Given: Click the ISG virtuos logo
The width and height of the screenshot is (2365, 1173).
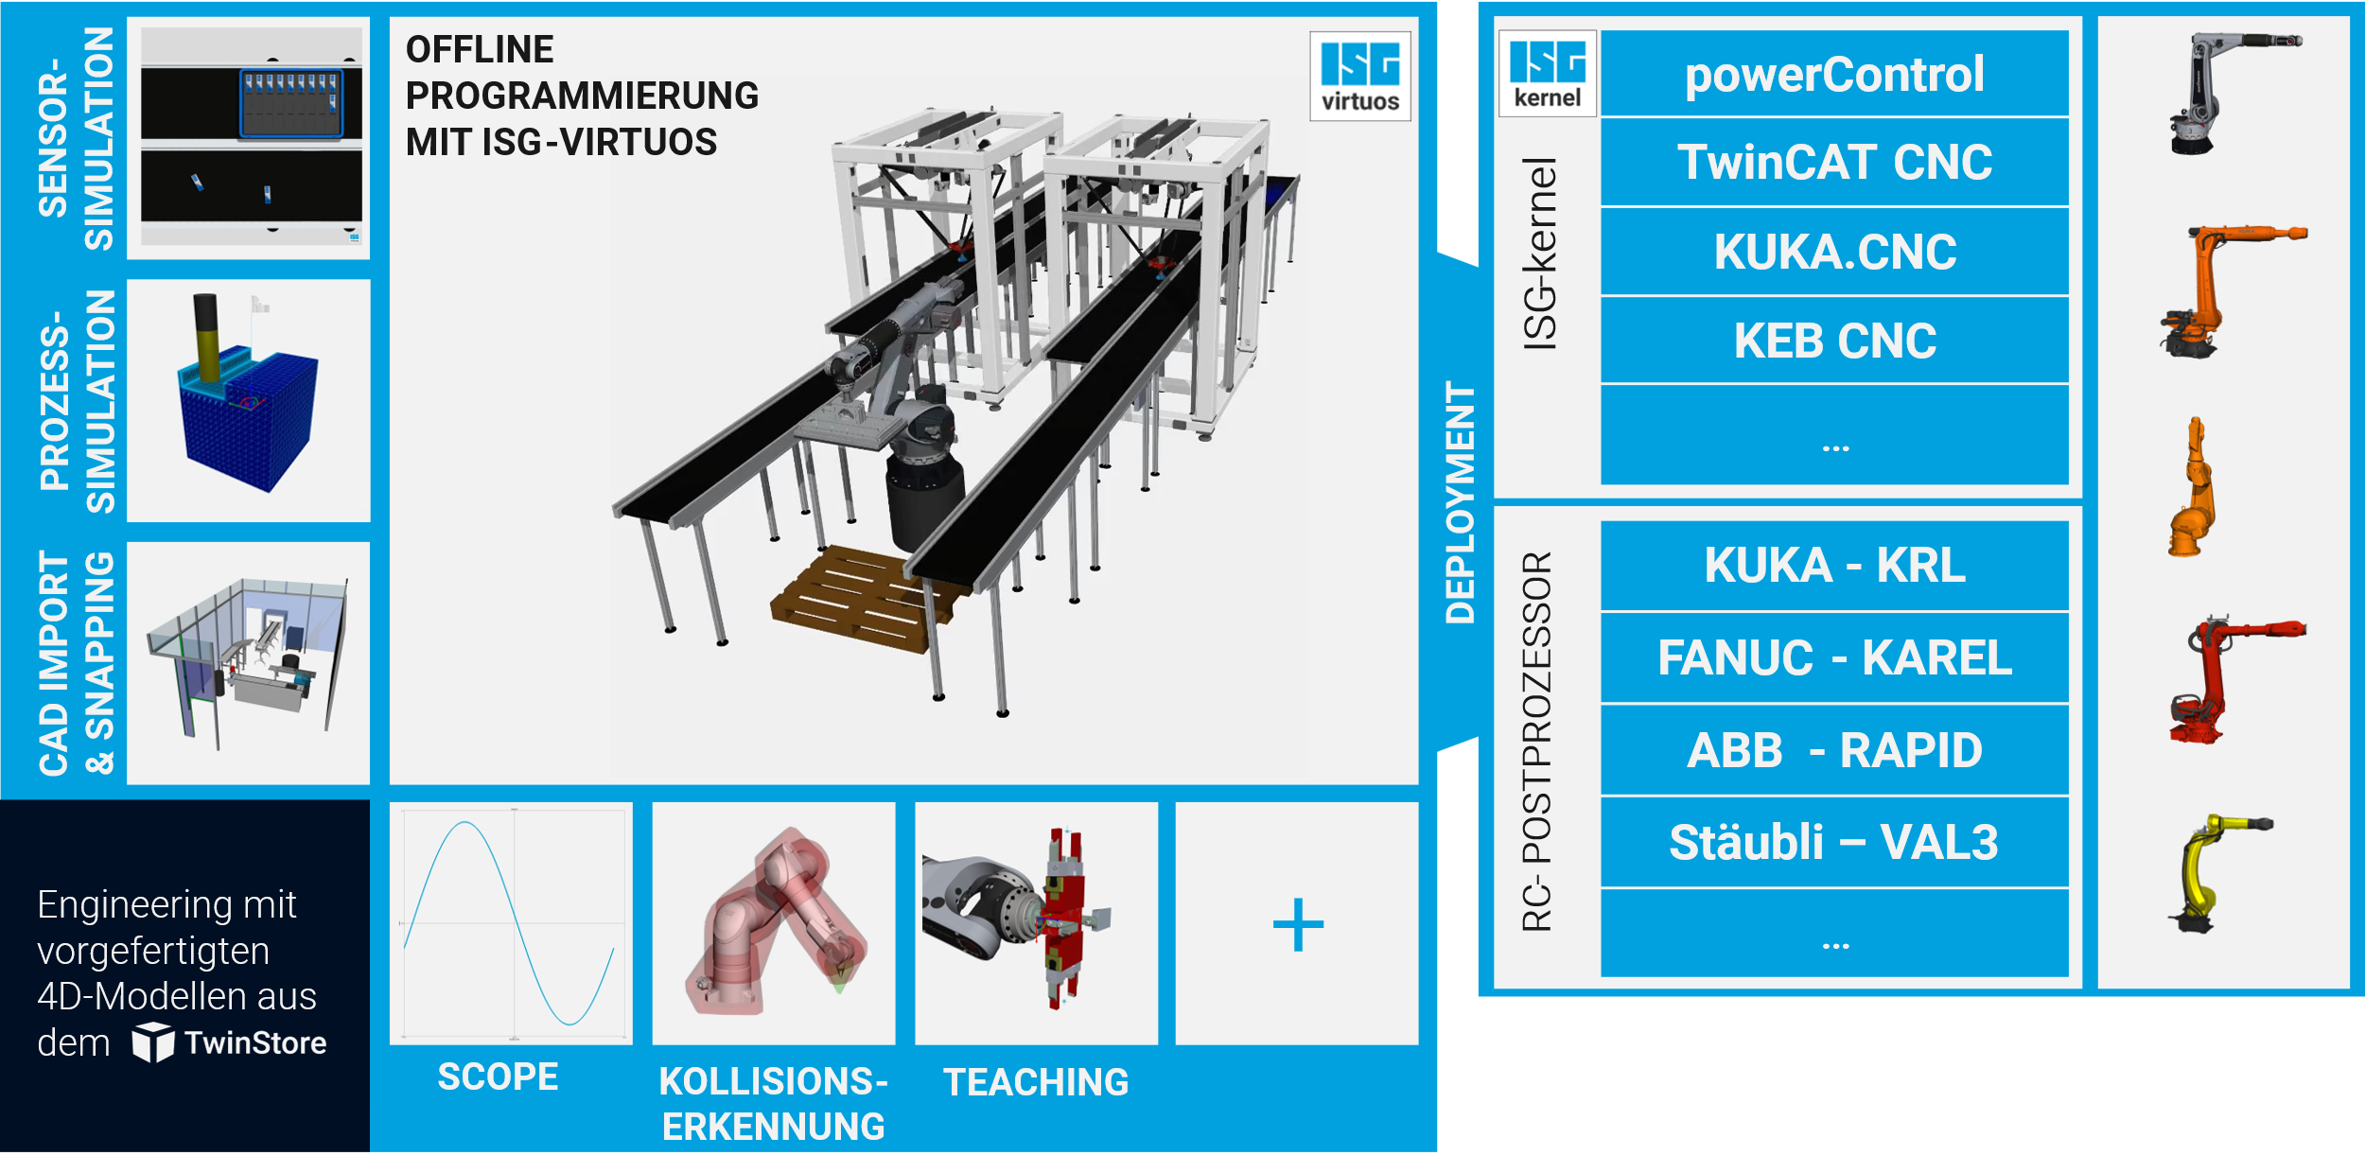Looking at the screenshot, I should [1359, 76].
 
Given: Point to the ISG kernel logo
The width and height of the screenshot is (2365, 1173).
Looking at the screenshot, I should [1547, 73].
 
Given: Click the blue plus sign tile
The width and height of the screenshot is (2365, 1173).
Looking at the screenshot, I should [1297, 924].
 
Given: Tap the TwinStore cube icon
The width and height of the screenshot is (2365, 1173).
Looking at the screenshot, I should [152, 1042].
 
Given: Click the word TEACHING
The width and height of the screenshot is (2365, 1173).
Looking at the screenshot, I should [1036, 1082].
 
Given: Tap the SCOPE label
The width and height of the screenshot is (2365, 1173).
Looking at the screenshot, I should [498, 1077].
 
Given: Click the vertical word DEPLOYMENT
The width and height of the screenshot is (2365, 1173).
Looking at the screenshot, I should [1460, 501].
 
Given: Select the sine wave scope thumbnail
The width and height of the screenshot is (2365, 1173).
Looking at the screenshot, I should [511, 923].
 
